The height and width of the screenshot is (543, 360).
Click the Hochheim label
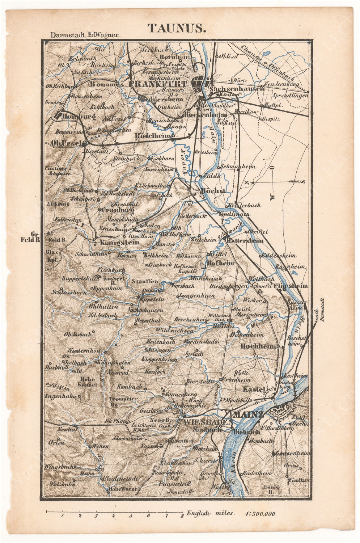pyautogui.click(x=258, y=346)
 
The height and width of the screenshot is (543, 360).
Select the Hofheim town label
pyautogui.click(x=220, y=263)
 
